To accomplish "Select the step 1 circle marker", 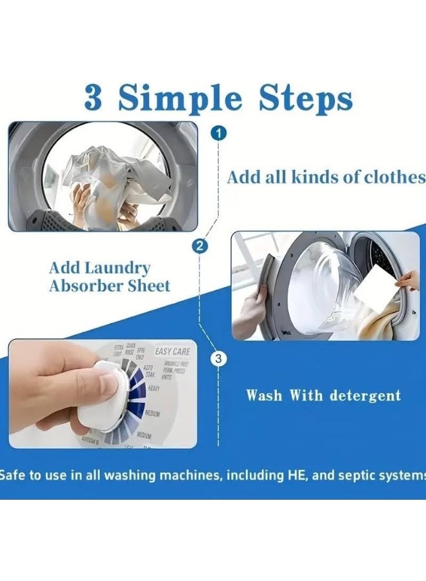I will point(219,134).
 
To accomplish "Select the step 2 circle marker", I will point(200,245).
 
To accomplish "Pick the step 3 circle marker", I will point(219,359).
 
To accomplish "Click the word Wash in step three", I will point(265,395).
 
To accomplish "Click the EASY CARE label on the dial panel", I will point(172,352).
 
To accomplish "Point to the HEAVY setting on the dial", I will point(154,388).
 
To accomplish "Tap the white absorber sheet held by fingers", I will point(380,290).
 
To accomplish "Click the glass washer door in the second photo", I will point(322,284).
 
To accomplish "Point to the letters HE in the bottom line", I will point(294,475).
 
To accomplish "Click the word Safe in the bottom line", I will point(12,475).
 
